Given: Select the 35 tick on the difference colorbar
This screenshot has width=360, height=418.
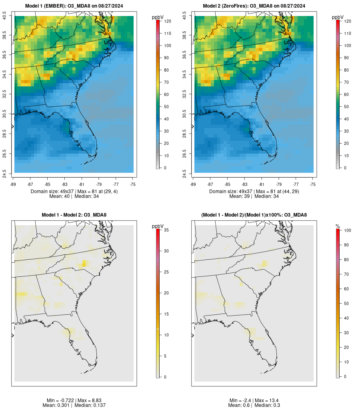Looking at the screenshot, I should (167, 230).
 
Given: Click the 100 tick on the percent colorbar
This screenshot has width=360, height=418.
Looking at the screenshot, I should (347, 230).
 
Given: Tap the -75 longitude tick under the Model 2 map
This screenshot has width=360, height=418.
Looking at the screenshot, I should (313, 184).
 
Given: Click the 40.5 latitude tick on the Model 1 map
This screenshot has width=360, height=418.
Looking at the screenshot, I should (5, 16).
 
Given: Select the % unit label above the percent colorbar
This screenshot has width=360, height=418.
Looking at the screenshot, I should (338, 226).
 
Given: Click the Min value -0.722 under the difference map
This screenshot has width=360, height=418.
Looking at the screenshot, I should (67, 400).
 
